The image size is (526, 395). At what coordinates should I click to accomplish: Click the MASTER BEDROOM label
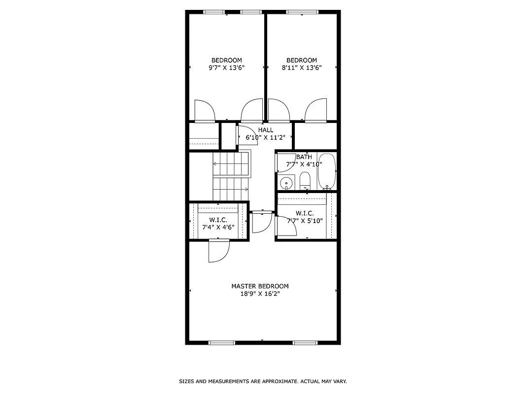(x=260, y=286)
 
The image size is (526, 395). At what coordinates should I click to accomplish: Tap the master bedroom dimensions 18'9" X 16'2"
(x=260, y=293)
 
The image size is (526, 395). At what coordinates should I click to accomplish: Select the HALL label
(x=265, y=130)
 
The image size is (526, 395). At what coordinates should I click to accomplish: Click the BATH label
(x=304, y=157)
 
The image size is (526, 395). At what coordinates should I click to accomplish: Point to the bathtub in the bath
(x=326, y=171)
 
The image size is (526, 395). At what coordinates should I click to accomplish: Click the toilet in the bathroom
(x=305, y=180)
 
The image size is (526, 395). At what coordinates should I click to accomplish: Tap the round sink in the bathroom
(x=286, y=184)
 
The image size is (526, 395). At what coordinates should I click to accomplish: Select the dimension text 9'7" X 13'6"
(x=226, y=68)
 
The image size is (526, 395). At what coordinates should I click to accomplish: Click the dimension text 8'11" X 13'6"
(x=301, y=68)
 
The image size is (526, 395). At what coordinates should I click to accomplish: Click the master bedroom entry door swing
(x=218, y=251)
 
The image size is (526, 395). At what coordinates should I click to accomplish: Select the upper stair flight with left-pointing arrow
(x=231, y=164)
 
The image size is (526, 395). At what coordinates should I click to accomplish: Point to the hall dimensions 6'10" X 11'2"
(x=265, y=138)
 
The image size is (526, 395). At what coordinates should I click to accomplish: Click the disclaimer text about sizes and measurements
(x=263, y=381)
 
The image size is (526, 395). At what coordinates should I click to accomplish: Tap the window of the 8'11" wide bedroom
(x=302, y=12)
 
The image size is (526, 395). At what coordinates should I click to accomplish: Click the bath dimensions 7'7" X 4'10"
(x=304, y=164)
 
